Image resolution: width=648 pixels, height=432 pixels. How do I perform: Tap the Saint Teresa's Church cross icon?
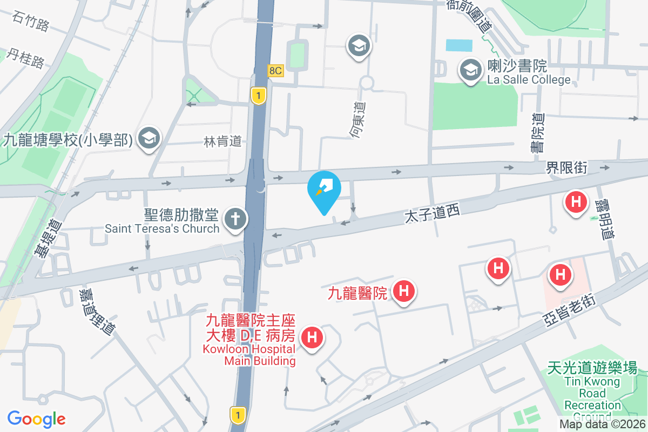(x=236, y=219)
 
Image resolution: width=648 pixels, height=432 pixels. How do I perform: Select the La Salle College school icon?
(x=470, y=70)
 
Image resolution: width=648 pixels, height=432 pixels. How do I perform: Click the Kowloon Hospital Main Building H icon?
(x=312, y=338)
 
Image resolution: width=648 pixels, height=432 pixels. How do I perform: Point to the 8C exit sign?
(x=275, y=70)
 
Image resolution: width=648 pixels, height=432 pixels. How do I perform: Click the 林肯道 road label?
(x=222, y=142)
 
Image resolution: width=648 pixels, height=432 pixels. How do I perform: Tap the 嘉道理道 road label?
(x=97, y=311)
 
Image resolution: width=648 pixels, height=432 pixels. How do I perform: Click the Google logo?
(x=36, y=418)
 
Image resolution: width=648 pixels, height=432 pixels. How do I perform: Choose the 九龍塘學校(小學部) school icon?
(x=147, y=139)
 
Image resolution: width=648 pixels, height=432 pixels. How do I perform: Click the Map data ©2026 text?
(x=602, y=424)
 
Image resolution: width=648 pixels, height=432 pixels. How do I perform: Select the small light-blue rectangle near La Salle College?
(x=459, y=45)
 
